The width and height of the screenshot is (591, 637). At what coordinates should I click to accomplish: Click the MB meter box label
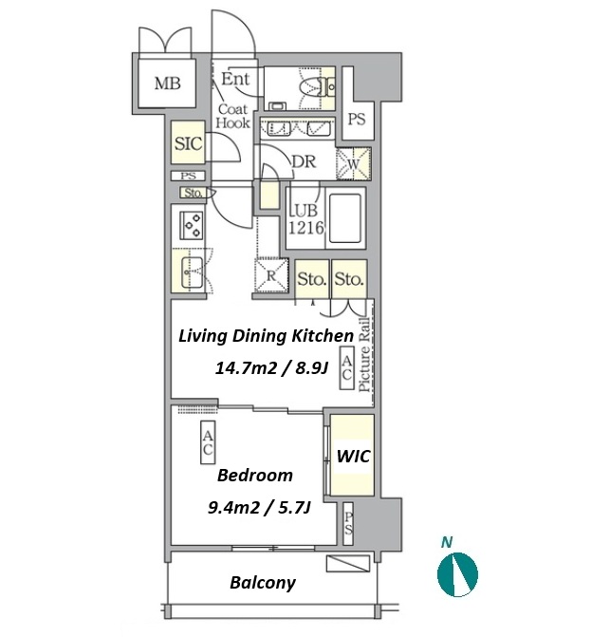coord(168,84)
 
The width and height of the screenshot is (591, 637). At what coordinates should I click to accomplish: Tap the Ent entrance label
coord(235,79)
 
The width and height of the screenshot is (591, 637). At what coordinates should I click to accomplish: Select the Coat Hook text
coord(233,116)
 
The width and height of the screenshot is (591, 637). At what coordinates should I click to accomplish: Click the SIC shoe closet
coord(189,143)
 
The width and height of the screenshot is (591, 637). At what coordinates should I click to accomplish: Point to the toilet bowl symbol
coord(312,87)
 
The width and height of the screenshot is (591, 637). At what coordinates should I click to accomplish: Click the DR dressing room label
coord(304,161)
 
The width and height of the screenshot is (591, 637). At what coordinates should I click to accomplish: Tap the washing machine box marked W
coord(354,163)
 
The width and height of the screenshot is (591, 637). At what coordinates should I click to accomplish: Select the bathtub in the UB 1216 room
coord(345,218)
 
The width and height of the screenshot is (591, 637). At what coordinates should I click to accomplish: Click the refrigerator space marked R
coord(270,275)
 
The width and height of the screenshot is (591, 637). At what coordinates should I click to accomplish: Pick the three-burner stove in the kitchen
coord(192,227)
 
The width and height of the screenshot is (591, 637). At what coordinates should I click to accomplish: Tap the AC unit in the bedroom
coord(208,442)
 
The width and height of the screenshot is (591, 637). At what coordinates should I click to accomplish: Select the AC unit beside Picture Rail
coord(347,367)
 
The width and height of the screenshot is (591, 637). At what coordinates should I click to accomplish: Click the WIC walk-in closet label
coord(354,457)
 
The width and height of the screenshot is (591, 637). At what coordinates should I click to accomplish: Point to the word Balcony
coord(263,583)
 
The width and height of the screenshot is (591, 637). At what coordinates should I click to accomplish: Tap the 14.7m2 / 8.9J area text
coord(271,368)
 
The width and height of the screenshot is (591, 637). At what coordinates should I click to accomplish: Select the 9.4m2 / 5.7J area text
coord(259,507)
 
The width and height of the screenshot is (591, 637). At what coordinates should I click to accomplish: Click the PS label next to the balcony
coord(348,524)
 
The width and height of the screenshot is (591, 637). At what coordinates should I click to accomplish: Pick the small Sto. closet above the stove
coord(194,193)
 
